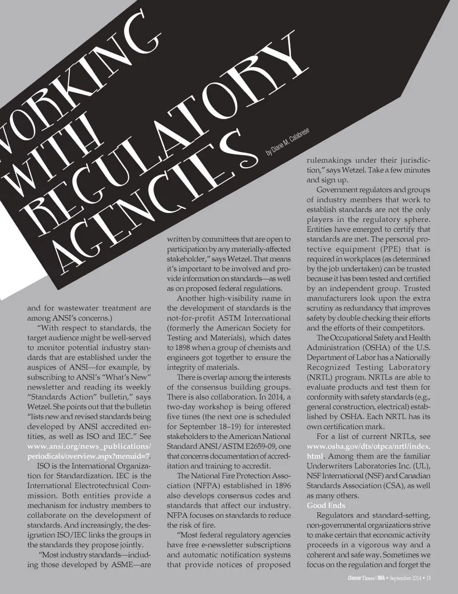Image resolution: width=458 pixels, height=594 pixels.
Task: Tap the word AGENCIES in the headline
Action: [x=148, y=200]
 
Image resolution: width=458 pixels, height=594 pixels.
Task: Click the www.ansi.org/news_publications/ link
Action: [x=89, y=446]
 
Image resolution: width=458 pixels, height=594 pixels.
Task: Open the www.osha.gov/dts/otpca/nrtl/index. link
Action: [x=368, y=446]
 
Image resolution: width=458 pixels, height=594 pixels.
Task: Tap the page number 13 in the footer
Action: [x=428, y=579]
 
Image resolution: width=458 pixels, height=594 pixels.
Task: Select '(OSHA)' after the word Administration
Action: [x=377, y=347]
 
